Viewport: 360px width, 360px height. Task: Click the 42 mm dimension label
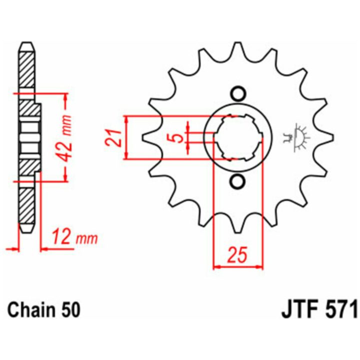pos(65,138)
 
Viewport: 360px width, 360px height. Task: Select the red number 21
pos(113,138)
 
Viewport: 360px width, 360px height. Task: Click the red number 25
pos(237,254)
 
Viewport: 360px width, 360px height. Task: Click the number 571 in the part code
pos(339,310)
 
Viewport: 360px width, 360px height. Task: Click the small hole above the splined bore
pos(238,94)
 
